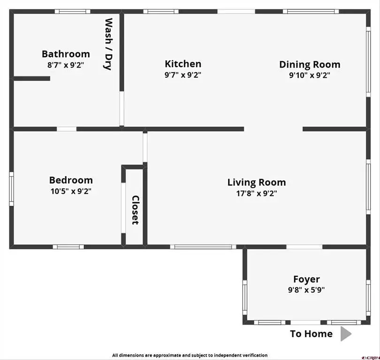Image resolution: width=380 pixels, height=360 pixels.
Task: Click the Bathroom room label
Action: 66,54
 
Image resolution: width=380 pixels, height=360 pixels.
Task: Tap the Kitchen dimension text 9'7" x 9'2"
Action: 183,75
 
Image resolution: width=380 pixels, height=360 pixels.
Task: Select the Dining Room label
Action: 310,64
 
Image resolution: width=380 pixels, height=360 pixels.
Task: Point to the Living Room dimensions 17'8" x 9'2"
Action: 257,193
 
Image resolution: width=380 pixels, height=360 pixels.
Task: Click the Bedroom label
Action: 71,180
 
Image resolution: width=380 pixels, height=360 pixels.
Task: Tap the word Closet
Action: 135,210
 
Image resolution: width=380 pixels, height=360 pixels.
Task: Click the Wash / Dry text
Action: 108,44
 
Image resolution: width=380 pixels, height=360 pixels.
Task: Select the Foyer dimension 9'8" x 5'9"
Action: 306,290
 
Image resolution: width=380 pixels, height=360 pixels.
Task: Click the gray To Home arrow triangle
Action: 346,334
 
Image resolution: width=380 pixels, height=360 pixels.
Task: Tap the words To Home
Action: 312,334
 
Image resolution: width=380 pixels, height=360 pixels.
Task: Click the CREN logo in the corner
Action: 371,358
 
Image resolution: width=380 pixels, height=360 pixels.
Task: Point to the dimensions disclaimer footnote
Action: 190,355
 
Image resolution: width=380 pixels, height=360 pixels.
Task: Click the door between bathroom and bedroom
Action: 67,129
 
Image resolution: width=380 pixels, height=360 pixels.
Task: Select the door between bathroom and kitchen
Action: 122,108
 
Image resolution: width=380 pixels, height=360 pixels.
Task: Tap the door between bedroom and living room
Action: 145,148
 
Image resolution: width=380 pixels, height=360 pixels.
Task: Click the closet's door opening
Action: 123,208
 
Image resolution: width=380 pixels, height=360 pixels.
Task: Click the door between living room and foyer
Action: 304,247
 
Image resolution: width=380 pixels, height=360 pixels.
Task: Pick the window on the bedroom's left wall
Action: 11,189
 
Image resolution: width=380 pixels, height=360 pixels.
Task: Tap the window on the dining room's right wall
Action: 368,62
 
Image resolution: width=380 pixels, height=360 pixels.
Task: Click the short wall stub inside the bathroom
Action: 32,78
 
